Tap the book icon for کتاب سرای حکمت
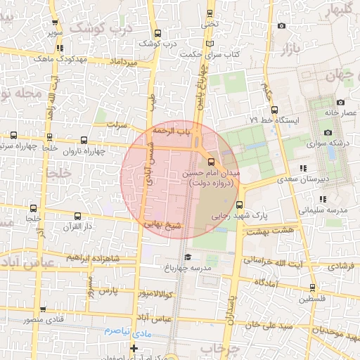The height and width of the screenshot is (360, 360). [x=209, y=44]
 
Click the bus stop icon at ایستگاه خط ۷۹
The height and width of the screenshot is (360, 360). [x=274, y=110]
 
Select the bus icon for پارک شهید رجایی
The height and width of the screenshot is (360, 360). [x=239, y=205]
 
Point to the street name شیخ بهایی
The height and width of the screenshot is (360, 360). [x=163, y=226]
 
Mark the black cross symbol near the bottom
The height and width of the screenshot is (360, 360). [x=134, y=348]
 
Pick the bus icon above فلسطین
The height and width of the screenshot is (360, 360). [x=312, y=287]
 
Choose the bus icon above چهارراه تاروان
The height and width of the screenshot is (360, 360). [x=84, y=140]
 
